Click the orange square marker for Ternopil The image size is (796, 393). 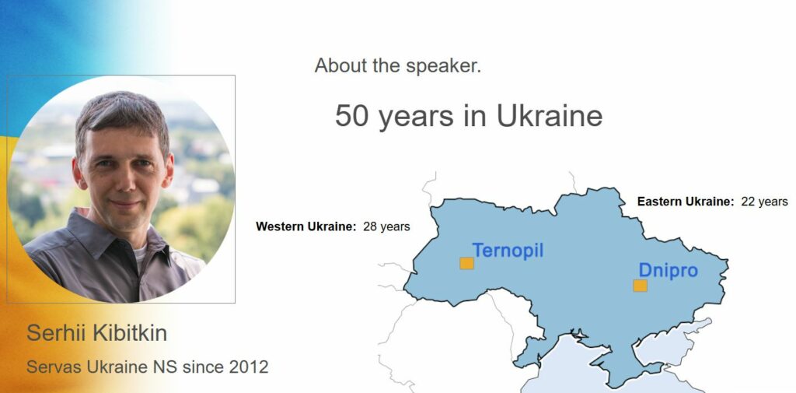(x=466, y=263)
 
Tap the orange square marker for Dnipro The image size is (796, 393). (x=641, y=286)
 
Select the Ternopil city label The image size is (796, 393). (x=508, y=251)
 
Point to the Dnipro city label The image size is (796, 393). (x=668, y=271)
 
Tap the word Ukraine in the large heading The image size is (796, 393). (x=550, y=115)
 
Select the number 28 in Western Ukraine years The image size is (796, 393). (x=370, y=226)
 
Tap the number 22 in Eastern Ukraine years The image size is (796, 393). (x=749, y=202)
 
